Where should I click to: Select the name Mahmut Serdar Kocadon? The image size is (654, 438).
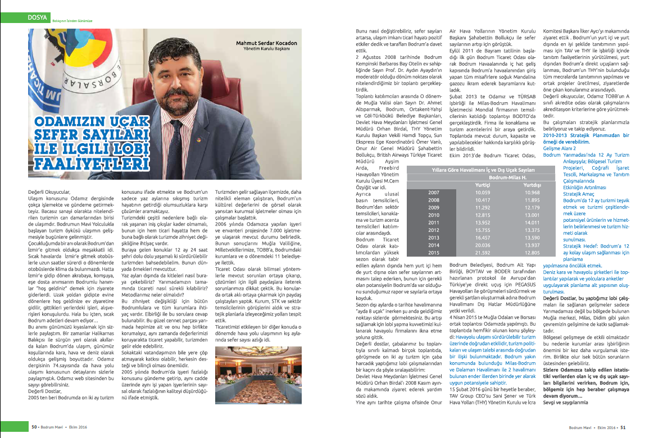click(260, 43)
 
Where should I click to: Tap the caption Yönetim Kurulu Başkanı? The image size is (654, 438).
click(266, 49)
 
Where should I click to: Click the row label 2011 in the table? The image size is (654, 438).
click(433, 222)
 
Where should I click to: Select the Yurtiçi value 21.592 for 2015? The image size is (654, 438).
click(483, 252)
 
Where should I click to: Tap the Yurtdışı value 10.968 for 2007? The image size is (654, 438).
click(532, 192)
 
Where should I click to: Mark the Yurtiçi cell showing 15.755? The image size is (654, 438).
click(483, 230)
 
